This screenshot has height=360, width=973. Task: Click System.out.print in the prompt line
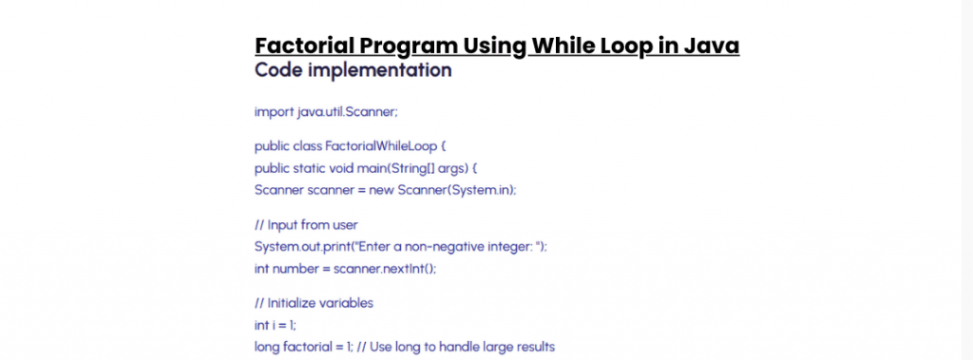301,246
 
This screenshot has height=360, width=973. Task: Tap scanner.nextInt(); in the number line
385,269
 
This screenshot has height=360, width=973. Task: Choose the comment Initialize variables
320,304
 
